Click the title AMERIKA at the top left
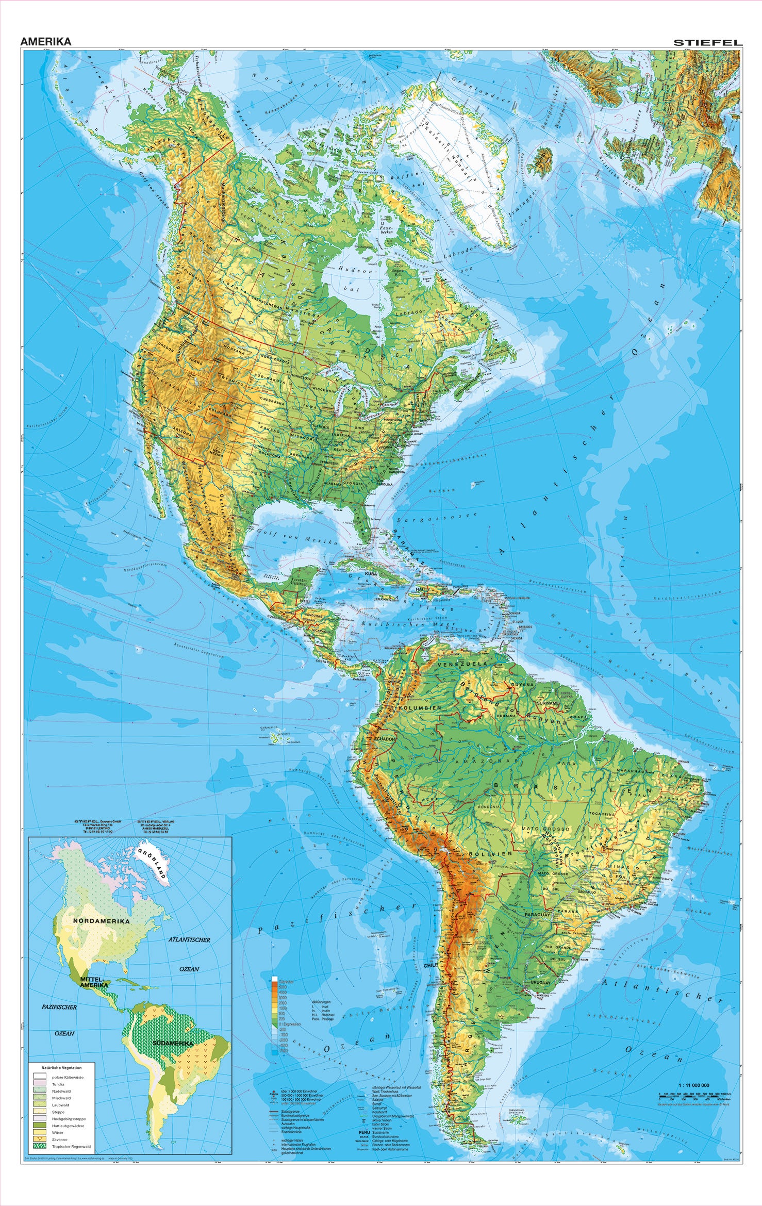pos(46,42)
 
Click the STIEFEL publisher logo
pos(708,43)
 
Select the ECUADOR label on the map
pos(384,739)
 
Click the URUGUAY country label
pos(540,983)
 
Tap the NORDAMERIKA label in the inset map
pos(101,920)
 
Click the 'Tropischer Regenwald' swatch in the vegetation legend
pos(39,1145)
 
